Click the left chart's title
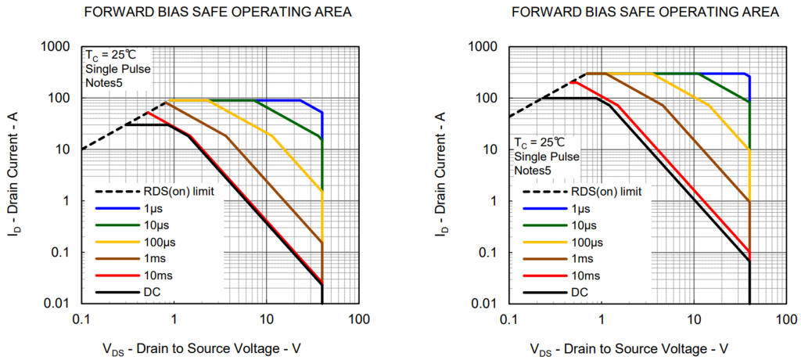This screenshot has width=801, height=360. coord(219,13)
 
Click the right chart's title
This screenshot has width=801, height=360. coord(646,13)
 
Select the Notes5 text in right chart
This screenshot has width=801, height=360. coord(533,170)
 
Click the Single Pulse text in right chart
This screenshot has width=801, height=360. coord(545,157)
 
